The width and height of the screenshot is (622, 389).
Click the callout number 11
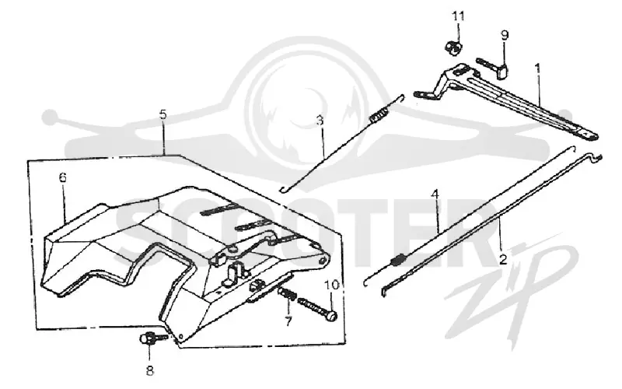(x=458, y=17)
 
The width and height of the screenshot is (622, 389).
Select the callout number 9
(x=504, y=35)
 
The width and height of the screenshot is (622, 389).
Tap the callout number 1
(x=537, y=68)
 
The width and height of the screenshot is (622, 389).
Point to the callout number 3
(x=320, y=120)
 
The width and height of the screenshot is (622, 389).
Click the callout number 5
(x=163, y=114)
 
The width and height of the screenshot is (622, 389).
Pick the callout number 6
(x=63, y=177)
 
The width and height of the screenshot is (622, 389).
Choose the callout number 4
(x=435, y=194)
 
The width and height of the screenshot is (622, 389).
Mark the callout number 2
(x=503, y=260)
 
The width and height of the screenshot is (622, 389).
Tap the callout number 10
(x=332, y=285)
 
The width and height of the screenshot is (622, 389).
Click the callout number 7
(x=288, y=320)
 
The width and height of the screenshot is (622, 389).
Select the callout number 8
(x=149, y=370)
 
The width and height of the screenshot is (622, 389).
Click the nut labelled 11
(x=453, y=47)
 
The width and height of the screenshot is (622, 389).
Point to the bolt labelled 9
(x=493, y=68)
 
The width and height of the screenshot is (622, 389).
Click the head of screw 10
(x=332, y=316)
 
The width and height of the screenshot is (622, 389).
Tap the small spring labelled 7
(x=287, y=295)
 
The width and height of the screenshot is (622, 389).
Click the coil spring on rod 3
(x=378, y=114)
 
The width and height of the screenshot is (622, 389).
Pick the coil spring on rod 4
(x=398, y=259)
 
